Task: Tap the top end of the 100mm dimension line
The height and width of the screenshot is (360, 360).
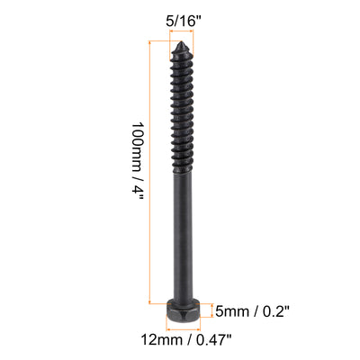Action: pyautogui.click(x=148, y=40)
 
